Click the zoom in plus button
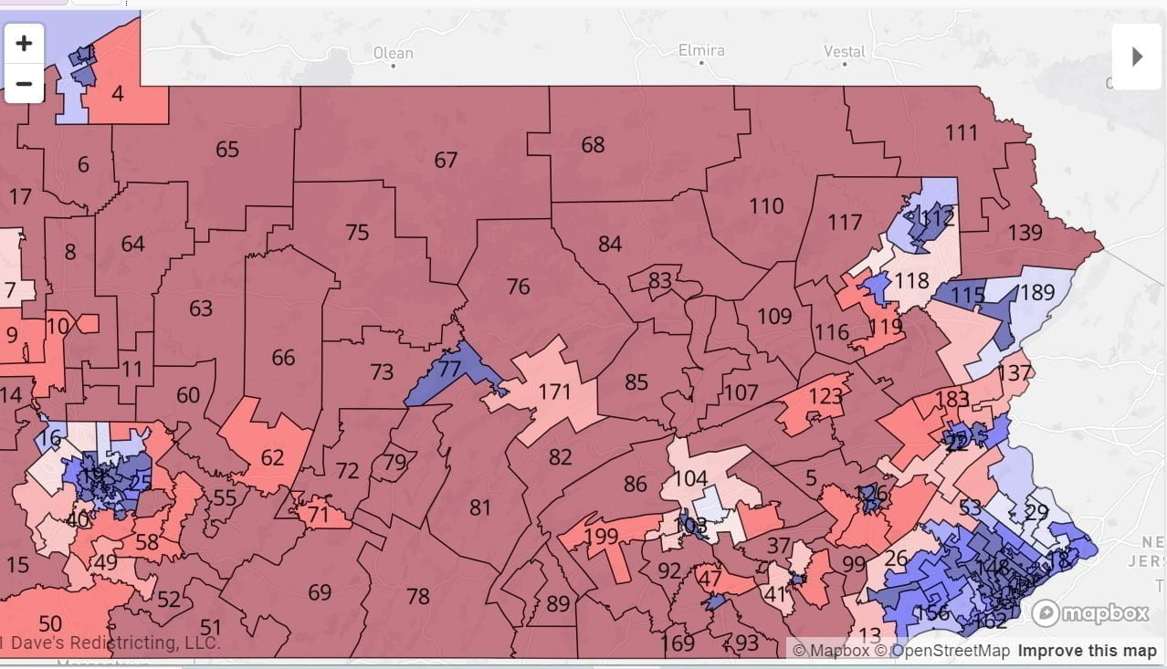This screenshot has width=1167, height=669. [x=24, y=43]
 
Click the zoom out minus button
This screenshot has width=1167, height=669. [x=24, y=84]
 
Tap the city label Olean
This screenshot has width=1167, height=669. [x=394, y=53]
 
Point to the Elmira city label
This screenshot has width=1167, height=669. [x=701, y=50]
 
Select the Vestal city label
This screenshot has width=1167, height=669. [x=844, y=51]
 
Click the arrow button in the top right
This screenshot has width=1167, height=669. [x=1137, y=57]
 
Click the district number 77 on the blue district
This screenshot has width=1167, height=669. [x=449, y=369]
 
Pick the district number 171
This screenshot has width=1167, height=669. [x=554, y=392]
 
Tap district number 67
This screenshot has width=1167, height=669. [x=446, y=160]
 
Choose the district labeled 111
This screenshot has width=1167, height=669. [x=961, y=132]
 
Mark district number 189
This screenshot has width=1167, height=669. [x=1036, y=292]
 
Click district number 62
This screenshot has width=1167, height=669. [x=272, y=456]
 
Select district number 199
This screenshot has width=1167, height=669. [x=602, y=536]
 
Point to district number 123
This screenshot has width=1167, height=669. [x=825, y=397]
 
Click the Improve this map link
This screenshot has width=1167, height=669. [x=1087, y=651]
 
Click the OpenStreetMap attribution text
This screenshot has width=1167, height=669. [x=950, y=651]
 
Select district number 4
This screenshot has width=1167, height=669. [x=117, y=93]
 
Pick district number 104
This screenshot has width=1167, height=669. [x=690, y=478]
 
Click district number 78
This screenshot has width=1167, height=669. [x=417, y=596]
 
